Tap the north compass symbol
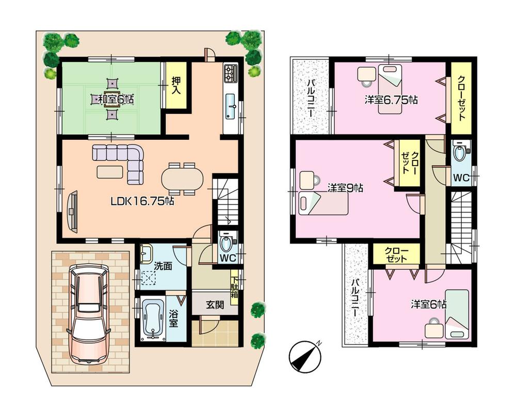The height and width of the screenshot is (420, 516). point(305,357)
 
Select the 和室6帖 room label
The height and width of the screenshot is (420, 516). point(112,99)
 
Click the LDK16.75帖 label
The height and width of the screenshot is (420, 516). point(142,202)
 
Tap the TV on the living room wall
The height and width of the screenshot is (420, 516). point(71,210)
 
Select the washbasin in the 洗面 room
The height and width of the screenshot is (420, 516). point(146,253)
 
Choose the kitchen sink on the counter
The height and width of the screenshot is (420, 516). point(231,106)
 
